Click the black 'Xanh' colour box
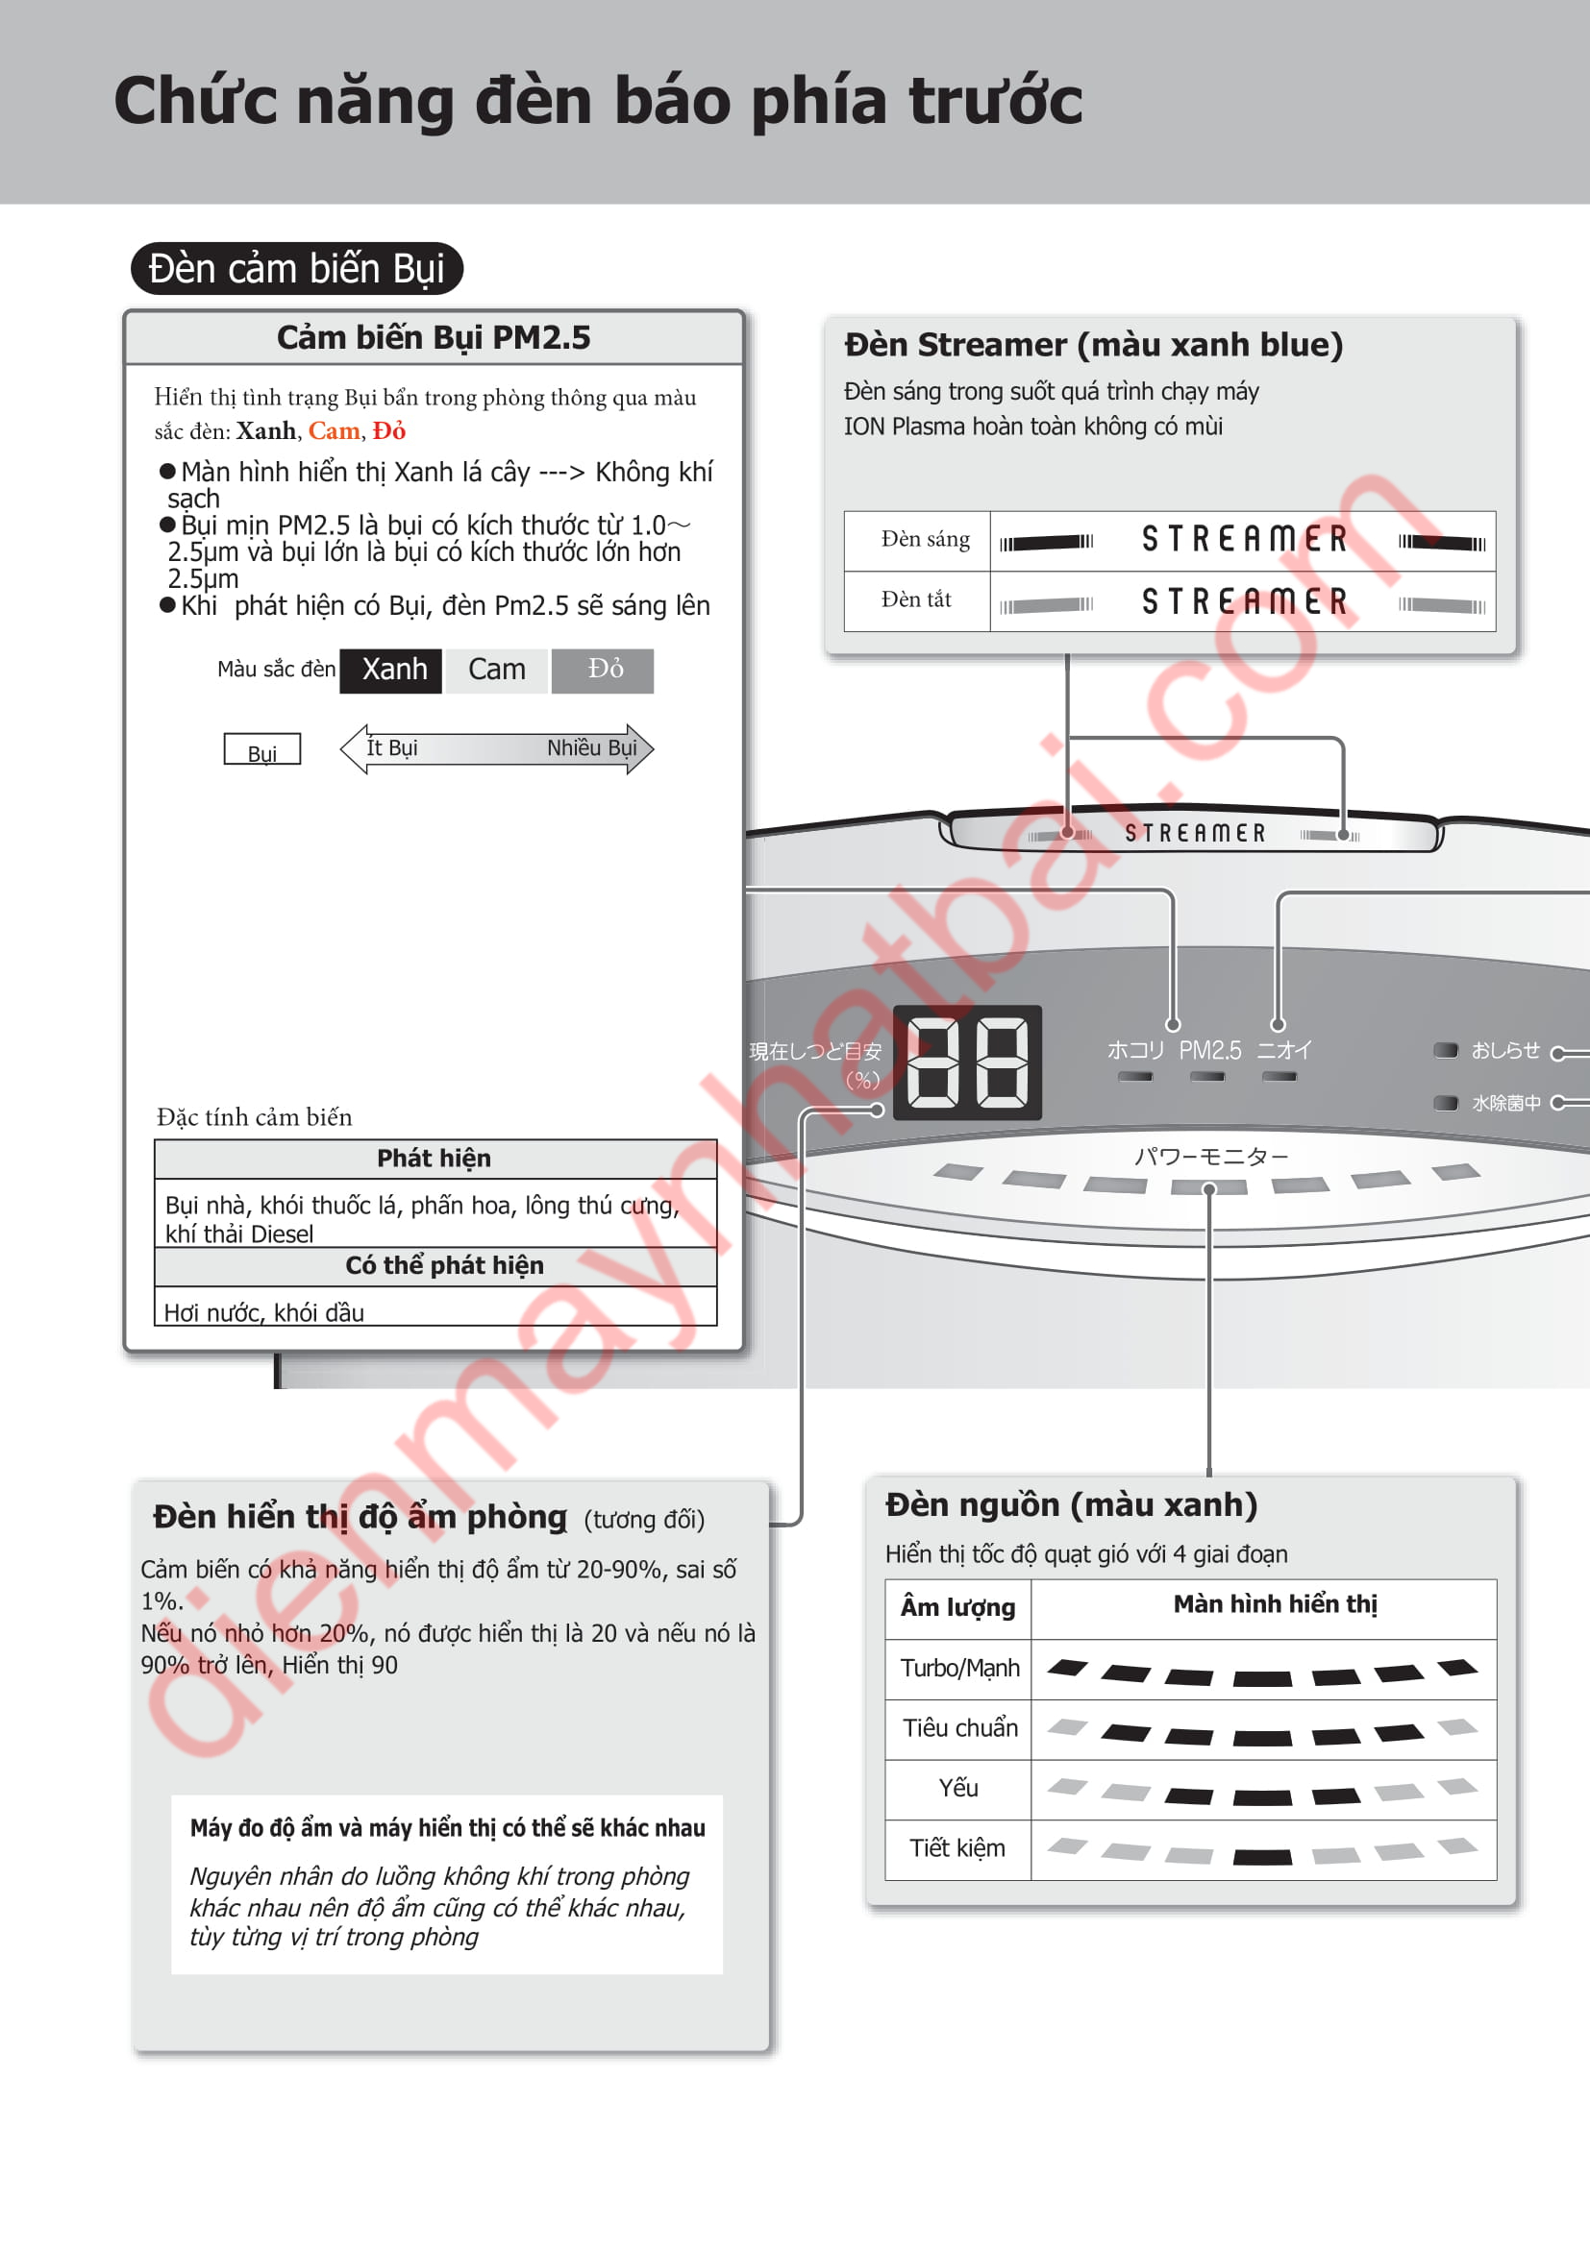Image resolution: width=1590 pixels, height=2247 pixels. pos(390,671)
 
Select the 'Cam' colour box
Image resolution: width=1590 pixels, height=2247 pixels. pos(496,671)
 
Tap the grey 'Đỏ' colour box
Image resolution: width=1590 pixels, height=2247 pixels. pos(603,671)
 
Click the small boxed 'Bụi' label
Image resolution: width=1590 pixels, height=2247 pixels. pos(262,750)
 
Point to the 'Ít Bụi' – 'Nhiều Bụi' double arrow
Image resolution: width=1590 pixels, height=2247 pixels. pos(496,748)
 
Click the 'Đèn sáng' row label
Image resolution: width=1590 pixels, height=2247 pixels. pos(924,539)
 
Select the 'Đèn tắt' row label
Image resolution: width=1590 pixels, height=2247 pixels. pos(915,599)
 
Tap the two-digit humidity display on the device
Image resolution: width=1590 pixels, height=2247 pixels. pos(967,1062)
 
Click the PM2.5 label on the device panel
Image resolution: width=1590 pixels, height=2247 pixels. pos(1209,1050)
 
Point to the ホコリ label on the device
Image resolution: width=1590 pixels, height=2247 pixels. pos(1134,1050)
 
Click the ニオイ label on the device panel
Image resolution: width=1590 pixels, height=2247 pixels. pos(1283,1050)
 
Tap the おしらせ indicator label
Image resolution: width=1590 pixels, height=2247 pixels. pos(1504,1050)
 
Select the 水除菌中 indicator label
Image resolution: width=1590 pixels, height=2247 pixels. pos(1505,1103)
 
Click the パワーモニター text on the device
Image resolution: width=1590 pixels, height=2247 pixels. pos(1211,1157)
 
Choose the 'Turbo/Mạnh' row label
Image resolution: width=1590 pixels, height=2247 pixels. pos(959,1669)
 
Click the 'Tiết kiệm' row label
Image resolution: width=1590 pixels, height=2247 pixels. pos(957,1848)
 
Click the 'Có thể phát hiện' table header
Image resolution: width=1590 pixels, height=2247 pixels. pos(444,1265)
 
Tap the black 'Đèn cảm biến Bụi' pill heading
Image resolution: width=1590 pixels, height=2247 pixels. pos(297,268)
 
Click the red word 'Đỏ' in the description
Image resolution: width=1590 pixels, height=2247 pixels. pos(388,430)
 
